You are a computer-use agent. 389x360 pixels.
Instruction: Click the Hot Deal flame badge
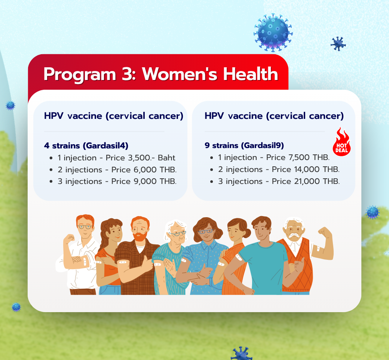click(341, 142)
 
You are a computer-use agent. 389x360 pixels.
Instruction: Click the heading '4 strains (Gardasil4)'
click(86, 145)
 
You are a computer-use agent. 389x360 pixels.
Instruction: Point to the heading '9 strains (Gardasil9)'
click(244, 145)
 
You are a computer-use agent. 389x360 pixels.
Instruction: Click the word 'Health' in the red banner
click(251, 74)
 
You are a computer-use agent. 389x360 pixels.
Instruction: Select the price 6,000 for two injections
click(145, 170)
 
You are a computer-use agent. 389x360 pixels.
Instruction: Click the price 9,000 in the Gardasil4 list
click(145, 181)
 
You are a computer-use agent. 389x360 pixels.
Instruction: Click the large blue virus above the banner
click(273, 33)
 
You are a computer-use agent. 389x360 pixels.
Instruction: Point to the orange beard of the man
click(140, 236)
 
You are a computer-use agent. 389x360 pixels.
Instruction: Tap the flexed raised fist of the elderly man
click(325, 232)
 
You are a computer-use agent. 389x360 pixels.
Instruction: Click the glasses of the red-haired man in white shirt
click(85, 227)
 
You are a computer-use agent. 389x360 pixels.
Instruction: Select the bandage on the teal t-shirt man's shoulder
click(238, 257)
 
